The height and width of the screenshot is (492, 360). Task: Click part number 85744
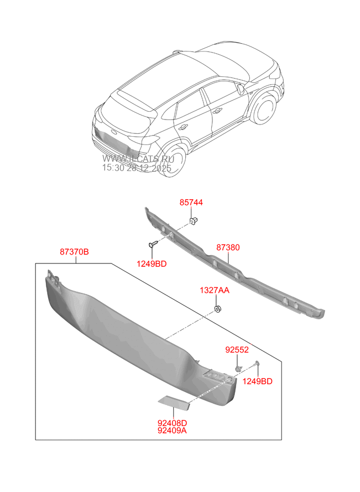[191, 203]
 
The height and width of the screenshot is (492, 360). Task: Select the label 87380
[228, 248]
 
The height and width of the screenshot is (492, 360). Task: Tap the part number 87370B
[74, 252]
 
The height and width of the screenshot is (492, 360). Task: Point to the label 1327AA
[215, 290]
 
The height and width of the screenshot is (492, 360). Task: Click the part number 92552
[237, 350]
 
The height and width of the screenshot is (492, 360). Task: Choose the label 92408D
[173, 423]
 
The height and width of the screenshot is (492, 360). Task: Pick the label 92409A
[173, 431]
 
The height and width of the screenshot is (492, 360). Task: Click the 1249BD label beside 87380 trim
[151, 264]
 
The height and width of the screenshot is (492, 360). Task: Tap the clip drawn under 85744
[194, 222]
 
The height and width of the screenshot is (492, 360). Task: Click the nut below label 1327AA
[217, 308]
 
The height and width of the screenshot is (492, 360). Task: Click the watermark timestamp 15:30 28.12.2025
[137, 168]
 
